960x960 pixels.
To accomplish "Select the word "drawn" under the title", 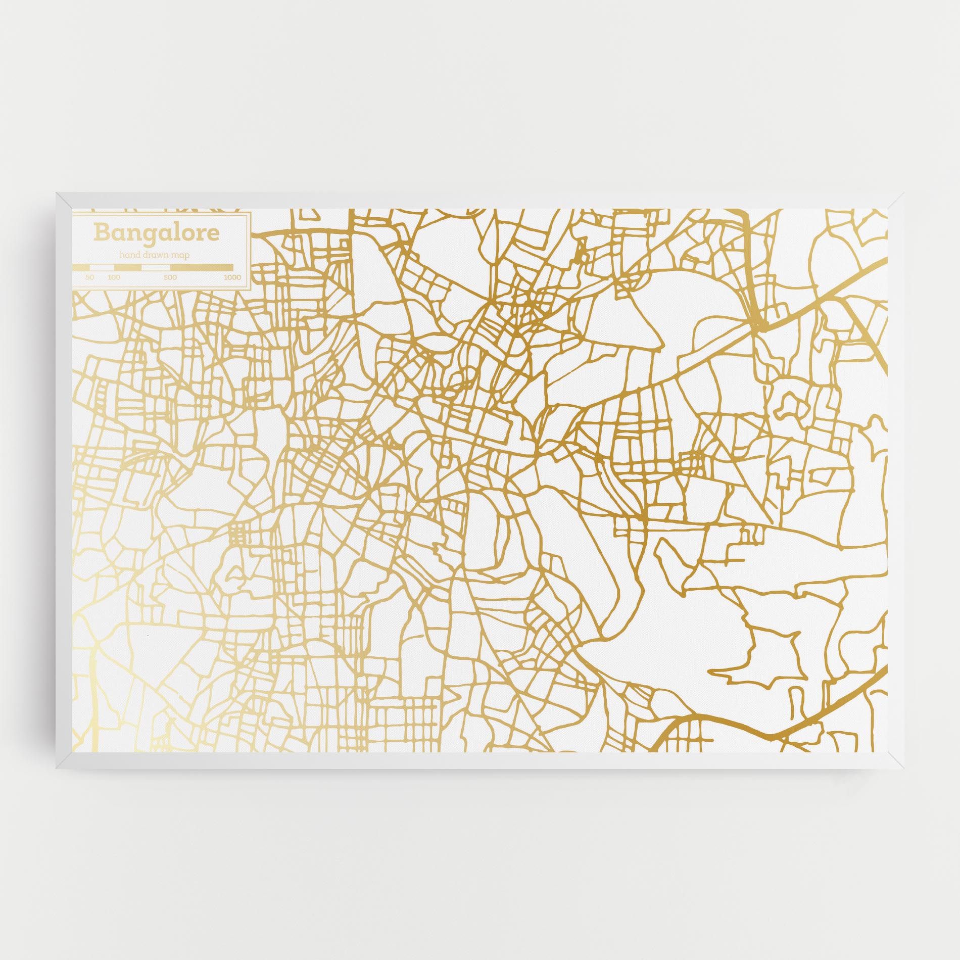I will click(156, 255).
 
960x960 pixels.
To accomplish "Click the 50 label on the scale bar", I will click(90, 277).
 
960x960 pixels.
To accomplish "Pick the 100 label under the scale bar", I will click(114, 277).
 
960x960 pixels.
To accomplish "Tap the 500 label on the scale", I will click(170, 277).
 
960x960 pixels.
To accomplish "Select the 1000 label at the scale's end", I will click(232, 277).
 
